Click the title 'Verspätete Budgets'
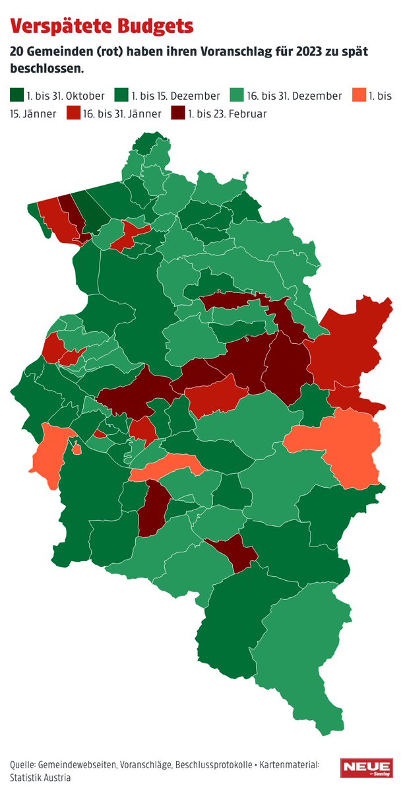coord(102,26)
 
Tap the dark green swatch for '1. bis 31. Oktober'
coord(16,96)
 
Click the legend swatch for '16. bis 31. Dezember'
coord(235,96)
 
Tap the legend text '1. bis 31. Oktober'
coord(66,96)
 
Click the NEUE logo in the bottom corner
coord(366,769)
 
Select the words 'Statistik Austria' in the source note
coord(40,777)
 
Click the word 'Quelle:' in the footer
coord(23,764)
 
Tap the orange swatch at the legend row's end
coord(359,96)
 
